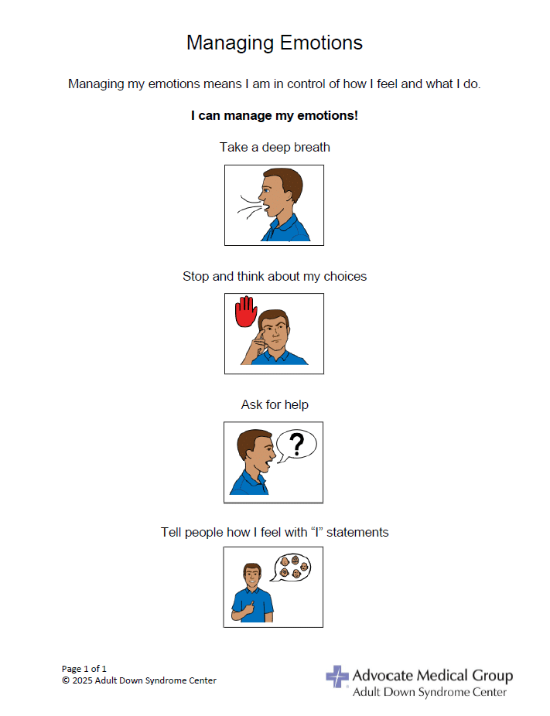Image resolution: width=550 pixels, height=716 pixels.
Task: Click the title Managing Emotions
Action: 275,43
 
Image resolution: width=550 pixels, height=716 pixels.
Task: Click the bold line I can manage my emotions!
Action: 275,116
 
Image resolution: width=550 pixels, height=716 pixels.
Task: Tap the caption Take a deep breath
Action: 275,147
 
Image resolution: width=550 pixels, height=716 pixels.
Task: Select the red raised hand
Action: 246,311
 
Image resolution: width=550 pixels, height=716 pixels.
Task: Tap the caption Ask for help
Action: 275,404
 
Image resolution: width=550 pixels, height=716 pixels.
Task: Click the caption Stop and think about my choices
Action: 275,276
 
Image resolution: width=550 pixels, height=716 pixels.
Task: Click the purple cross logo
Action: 336,676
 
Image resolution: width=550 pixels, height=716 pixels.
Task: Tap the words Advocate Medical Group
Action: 432,676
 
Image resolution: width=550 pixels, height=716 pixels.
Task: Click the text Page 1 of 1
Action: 84,668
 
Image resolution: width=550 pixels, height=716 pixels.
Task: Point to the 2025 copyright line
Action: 139,680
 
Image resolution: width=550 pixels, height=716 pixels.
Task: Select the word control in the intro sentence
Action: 296,84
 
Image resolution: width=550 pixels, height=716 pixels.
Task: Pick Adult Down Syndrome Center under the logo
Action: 430,692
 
